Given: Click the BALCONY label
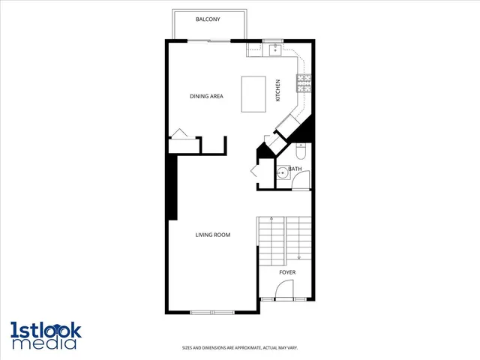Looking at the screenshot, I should (x=207, y=19).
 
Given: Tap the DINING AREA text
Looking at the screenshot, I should (x=206, y=96).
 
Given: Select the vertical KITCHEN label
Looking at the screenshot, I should (x=277, y=91).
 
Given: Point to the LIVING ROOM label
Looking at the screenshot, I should (x=213, y=235).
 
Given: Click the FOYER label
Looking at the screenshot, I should (x=287, y=272).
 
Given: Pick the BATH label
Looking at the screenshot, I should (x=295, y=169).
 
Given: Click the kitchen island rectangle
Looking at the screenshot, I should (x=253, y=94).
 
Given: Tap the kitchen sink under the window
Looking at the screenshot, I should (x=274, y=50).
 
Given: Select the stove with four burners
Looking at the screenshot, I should (x=304, y=82).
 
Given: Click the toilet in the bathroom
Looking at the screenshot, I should (x=301, y=152).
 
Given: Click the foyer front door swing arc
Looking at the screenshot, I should (x=286, y=292).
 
